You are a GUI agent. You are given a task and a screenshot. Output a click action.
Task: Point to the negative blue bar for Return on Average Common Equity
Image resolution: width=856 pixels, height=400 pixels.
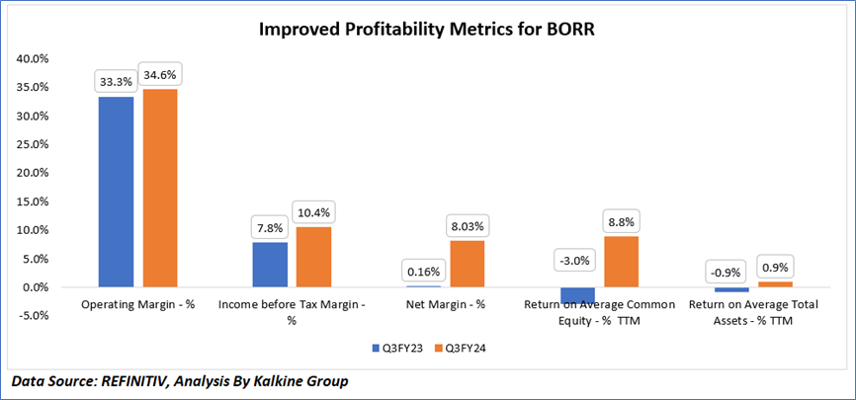577,295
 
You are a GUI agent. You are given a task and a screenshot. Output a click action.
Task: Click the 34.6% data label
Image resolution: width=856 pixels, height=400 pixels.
161,74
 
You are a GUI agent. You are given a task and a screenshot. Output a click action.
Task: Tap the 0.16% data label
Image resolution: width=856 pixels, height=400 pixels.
423,272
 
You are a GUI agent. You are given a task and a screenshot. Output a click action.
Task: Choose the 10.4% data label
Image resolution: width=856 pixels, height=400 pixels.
314,212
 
